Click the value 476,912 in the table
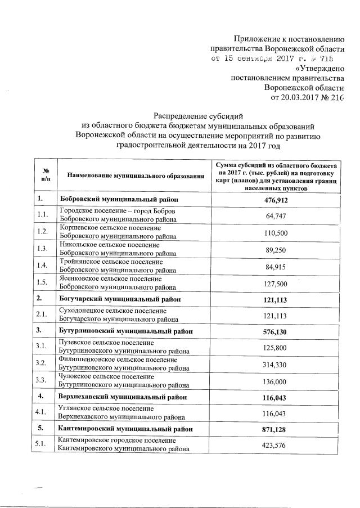(276, 200)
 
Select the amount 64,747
(276, 217)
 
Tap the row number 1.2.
(42, 232)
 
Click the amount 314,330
(276, 364)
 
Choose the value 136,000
(276, 380)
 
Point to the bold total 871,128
(276, 429)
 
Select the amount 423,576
(276, 445)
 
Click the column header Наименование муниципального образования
(135, 177)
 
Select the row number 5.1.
(42, 445)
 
